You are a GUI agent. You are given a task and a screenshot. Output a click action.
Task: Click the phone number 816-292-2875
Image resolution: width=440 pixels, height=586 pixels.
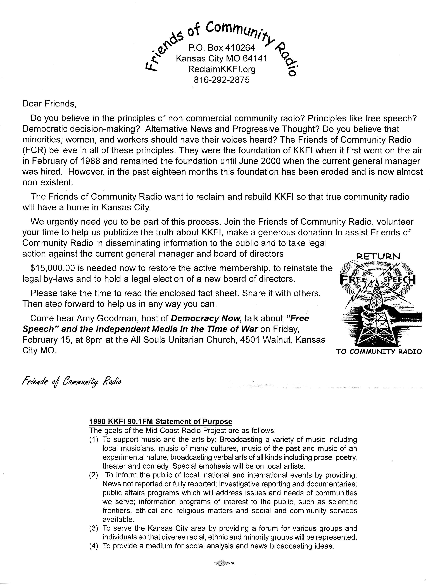[222, 80]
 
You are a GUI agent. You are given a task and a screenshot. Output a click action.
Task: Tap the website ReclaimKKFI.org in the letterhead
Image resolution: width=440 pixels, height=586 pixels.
[222, 69]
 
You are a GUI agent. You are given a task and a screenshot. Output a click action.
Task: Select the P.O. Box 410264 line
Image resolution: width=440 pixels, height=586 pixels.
[222, 48]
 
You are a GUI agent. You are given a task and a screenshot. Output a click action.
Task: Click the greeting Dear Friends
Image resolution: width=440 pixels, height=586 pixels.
[49, 104]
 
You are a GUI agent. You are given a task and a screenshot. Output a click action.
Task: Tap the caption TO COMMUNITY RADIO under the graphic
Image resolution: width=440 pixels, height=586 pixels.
[379, 352]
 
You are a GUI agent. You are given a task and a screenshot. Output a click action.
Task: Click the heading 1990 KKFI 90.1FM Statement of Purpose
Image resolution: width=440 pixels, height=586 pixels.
[161, 421]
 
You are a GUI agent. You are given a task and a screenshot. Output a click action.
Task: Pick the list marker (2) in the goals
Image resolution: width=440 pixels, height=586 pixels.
[94, 475]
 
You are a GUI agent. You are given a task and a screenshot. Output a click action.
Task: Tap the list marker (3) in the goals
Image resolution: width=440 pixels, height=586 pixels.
[94, 528]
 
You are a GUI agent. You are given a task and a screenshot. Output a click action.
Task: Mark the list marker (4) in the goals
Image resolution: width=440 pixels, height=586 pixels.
[94, 546]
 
